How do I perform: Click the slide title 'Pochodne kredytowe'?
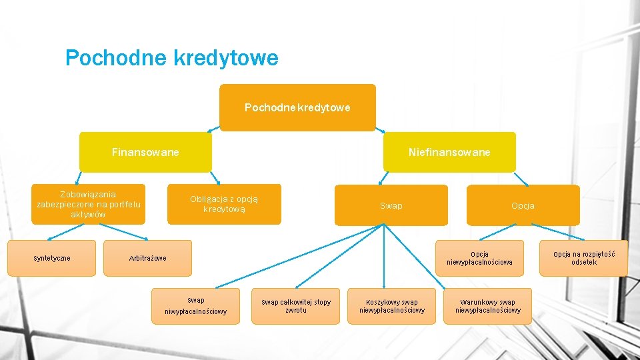[171, 59]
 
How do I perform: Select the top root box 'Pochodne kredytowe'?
[297, 107]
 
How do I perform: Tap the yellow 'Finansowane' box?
[145, 152]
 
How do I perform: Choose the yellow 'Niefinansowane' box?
[449, 152]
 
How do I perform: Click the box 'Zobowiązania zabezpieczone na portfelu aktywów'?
[89, 204]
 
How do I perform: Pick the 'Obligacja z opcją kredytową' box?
[224, 204]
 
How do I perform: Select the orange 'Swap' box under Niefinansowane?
[391, 205]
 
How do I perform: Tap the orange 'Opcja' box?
[523, 205]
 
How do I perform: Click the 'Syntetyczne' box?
[51, 258]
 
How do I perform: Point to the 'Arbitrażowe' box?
[147, 258]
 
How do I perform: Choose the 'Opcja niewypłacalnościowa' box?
[479, 258]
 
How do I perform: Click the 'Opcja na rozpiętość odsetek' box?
[584, 258]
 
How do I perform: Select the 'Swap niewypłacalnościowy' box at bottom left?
[195, 306]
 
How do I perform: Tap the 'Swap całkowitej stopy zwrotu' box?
[295, 306]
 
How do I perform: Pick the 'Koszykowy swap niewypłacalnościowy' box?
[391, 306]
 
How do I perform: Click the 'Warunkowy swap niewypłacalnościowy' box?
[487, 306]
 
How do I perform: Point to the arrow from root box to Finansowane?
[213, 129]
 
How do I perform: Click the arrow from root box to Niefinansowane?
[381, 129]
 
